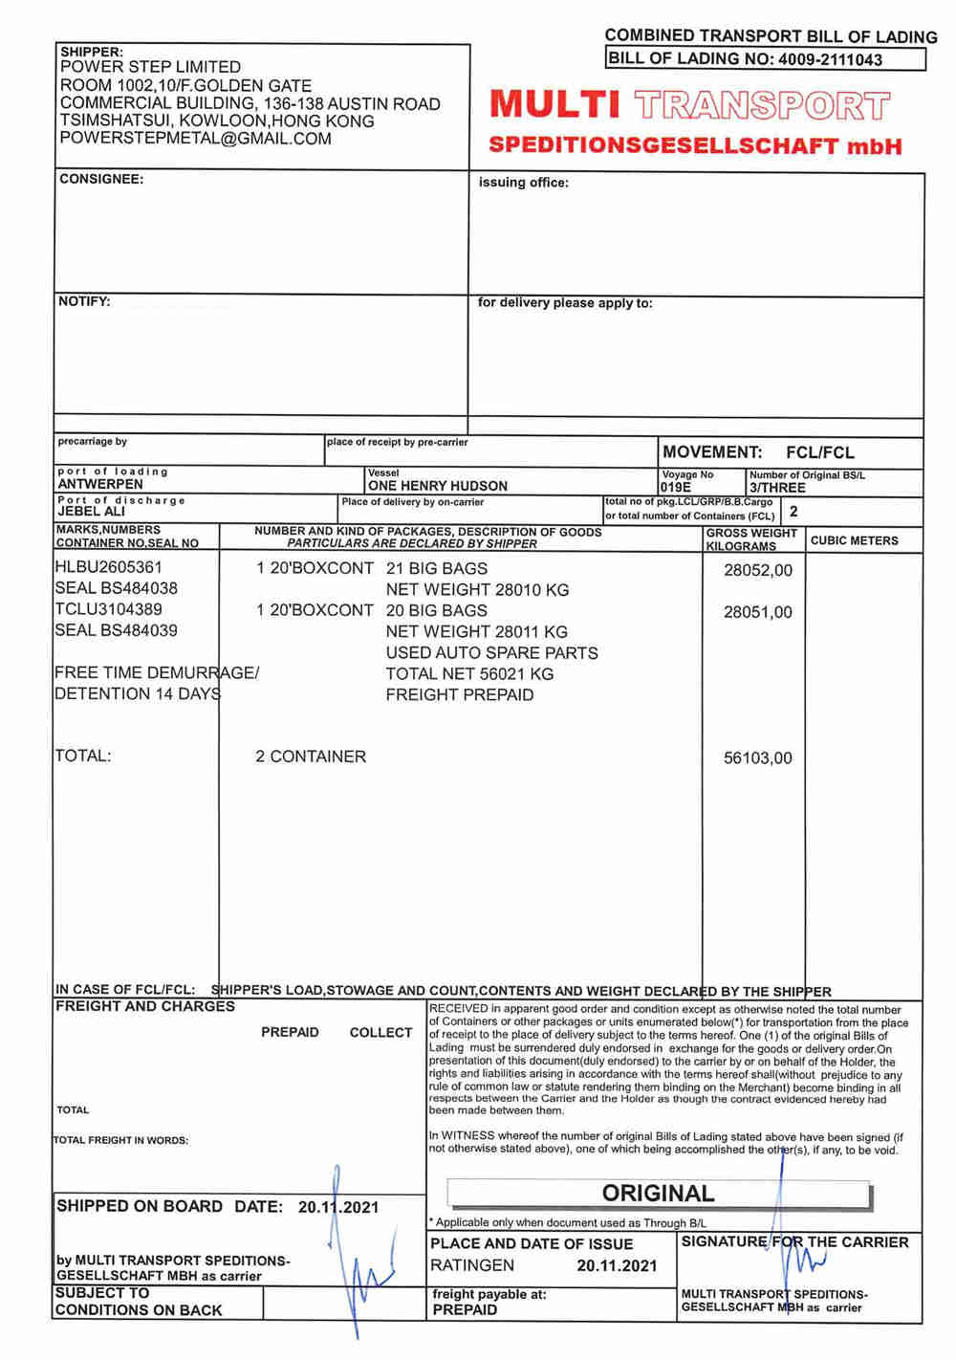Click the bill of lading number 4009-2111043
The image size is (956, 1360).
coord(830,59)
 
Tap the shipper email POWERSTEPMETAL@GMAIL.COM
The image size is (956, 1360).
coord(195,139)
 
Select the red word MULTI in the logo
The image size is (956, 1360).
coord(554,104)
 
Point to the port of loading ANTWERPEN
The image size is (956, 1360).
coord(100,484)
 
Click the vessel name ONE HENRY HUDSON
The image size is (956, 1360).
coord(438,486)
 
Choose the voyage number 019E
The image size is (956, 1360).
coord(675,487)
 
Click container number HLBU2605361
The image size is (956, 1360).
coord(108,567)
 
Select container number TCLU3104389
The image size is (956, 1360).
coord(108,609)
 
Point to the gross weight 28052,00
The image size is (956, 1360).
coord(758,570)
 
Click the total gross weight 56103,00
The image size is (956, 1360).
coord(758,758)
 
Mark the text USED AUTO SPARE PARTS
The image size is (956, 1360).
coord(491,653)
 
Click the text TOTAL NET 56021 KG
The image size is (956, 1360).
coord(469,674)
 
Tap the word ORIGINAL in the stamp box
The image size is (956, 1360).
coord(658,1194)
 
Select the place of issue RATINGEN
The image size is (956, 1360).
coord(472,1265)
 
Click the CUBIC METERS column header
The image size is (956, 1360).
coord(854,540)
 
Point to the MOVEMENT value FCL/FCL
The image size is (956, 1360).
coord(820,452)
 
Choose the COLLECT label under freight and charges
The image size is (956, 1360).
coord(380,1033)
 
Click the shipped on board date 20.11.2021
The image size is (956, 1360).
coord(338,1207)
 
